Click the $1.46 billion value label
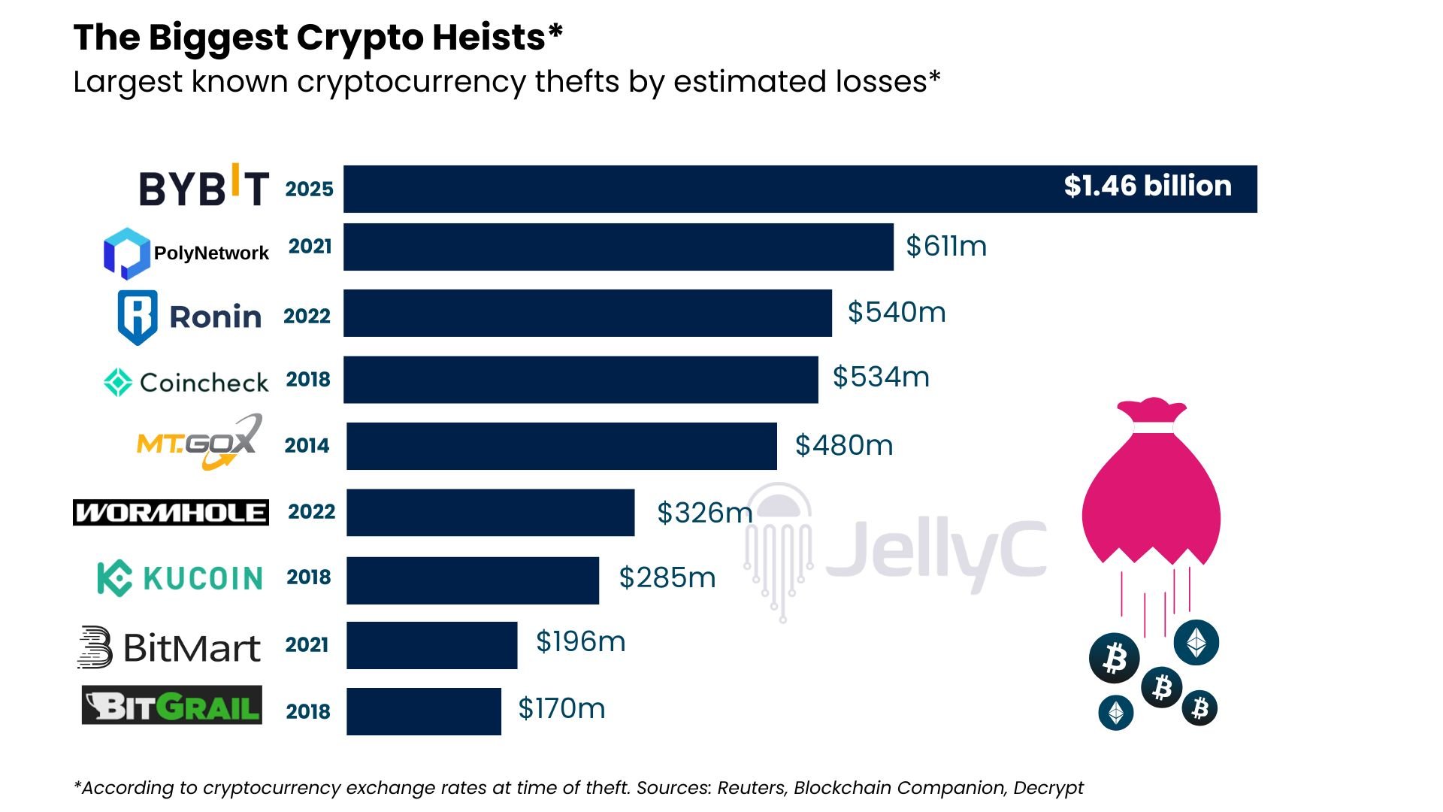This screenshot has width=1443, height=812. (1147, 186)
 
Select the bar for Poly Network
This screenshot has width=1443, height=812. (618, 247)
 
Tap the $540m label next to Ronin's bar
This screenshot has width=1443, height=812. (896, 312)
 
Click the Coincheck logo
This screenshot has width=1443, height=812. (186, 382)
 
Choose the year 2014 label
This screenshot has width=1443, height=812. (307, 445)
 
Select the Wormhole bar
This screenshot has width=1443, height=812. (490, 512)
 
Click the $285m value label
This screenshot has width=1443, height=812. (667, 577)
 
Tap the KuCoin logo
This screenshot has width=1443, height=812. (180, 578)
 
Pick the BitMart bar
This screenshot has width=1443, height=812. (431, 645)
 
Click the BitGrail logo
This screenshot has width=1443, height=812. (172, 705)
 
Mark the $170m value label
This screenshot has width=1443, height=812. (561, 708)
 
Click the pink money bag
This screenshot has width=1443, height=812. (1151, 489)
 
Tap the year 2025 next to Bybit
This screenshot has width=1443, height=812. (309, 189)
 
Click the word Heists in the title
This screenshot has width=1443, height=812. (497, 38)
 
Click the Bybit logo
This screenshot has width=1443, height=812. (204, 186)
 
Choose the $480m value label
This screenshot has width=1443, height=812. (843, 445)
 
